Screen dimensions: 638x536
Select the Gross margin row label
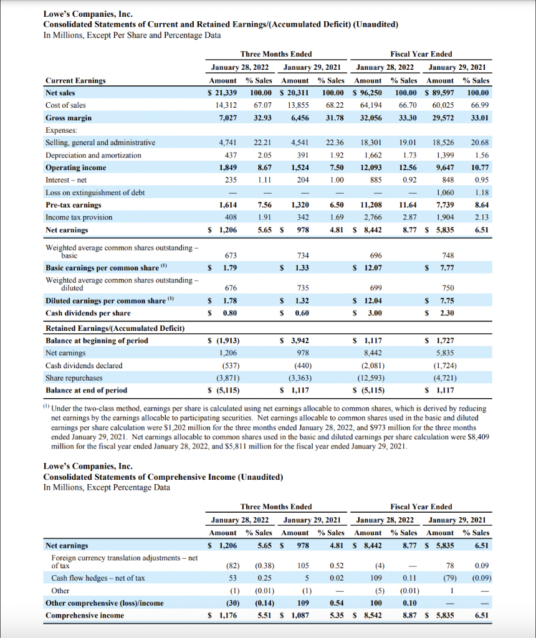[x=69, y=118]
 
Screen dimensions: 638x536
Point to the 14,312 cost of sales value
[x=228, y=105]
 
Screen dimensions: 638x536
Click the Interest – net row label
[x=67, y=180]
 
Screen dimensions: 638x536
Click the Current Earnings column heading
[x=75, y=80]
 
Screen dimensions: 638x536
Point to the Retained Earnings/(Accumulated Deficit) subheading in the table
[x=115, y=328]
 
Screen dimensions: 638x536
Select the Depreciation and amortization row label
[x=93, y=155]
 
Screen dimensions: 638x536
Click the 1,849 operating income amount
[x=228, y=168]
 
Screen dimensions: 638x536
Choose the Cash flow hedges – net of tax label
[x=98, y=578]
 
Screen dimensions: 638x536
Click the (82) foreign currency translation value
[x=232, y=566]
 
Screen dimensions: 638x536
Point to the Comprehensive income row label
[x=85, y=616]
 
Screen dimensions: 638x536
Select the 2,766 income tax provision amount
[x=373, y=217]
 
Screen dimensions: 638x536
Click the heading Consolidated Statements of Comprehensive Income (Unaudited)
[x=163, y=477]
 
